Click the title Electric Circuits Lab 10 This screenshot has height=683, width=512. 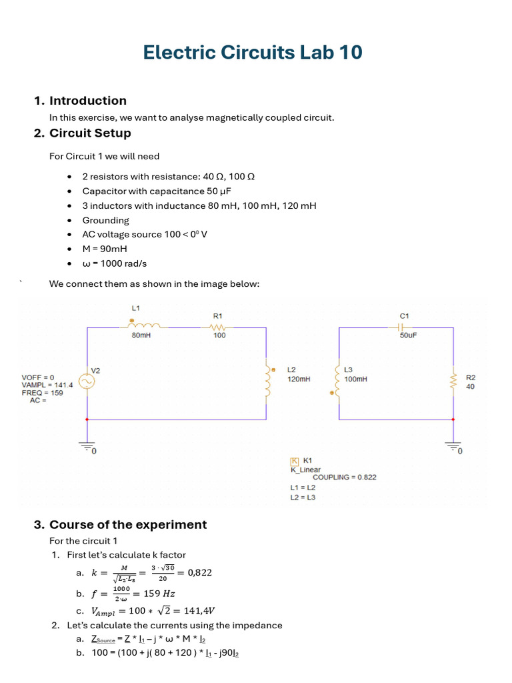(x=253, y=52)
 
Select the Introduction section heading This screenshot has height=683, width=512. (x=87, y=101)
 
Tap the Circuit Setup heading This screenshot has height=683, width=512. (x=90, y=133)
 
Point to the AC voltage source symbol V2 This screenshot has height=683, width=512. (x=87, y=381)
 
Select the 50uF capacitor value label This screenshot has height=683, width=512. (x=408, y=335)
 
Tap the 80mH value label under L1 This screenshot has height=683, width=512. (x=141, y=335)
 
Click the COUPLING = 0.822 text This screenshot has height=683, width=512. (x=344, y=477)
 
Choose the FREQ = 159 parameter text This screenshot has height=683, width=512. (x=43, y=393)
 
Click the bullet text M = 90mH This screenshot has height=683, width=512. (x=105, y=249)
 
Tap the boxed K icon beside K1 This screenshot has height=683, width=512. (x=294, y=461)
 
